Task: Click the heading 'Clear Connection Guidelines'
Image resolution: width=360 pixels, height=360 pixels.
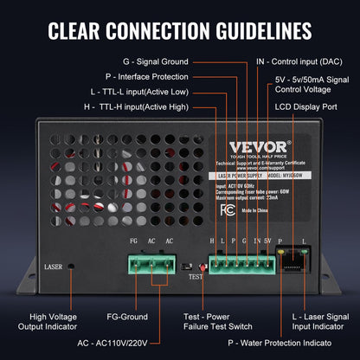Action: point(180,31)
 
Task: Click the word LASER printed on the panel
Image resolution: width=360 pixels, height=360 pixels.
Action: point(53,267)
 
